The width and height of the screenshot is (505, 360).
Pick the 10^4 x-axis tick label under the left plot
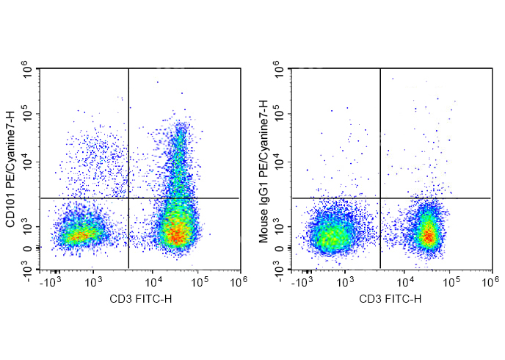(153, 281)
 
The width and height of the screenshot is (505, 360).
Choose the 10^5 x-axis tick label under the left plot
(200, 281)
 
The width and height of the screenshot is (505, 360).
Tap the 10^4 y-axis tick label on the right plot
(281, 162)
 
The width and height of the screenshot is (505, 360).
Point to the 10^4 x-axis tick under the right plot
(404, 281)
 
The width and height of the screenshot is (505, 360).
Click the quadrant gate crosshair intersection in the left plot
(128, 198)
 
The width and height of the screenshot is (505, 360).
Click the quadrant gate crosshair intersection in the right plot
(380, 198)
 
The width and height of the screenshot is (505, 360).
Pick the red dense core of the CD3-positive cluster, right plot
(429, 235)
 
